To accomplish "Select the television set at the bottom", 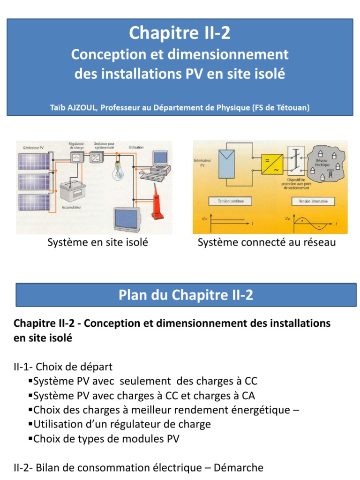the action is click(x=127, y=217).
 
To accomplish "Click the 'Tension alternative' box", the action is click(x=313, y=201).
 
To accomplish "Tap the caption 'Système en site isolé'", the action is click(x=97, y=242).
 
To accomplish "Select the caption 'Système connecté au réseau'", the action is click(x=267, y=242).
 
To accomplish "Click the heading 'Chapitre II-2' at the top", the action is click(x=180, y=33).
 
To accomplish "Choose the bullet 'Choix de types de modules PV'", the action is click(x=106, y=439).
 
